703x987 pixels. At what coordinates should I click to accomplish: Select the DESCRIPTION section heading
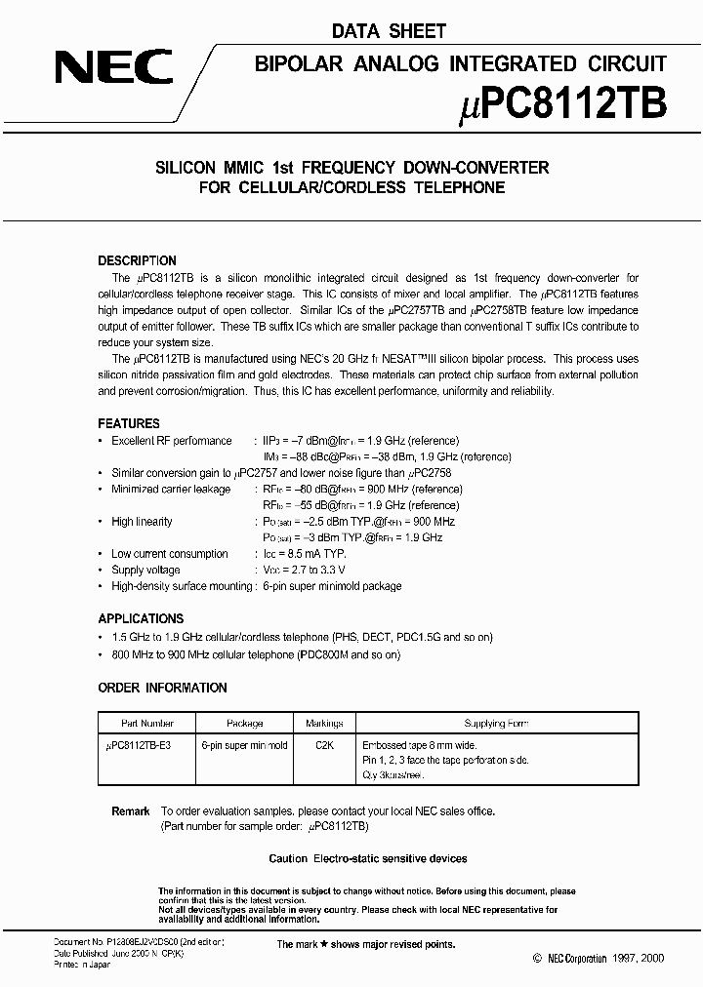[x=138, y=260]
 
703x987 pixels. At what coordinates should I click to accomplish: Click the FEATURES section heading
[x=129, y=423]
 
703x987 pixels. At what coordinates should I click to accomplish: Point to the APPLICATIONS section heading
[x=141, y=618]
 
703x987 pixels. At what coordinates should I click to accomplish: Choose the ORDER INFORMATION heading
[x=162, y=688]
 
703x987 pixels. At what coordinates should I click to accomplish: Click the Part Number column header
[x=147, y=724]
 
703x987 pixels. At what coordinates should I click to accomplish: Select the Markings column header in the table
[x=324, y=724]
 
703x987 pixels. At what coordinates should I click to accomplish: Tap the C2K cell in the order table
[x=324, y=745]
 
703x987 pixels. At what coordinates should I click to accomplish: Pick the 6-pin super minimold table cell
[x=244, y=745]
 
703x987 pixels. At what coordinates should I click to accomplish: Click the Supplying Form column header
[x=497, y=724]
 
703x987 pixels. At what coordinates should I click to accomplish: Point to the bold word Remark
[x=131, y=811]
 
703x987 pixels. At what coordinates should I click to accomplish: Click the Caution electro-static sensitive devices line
[x=368, y=858]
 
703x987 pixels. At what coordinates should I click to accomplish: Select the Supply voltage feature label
[x=145, y=570]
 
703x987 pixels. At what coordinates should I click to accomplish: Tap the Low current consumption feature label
[x=169, y=554]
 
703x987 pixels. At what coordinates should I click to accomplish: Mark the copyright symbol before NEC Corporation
[x=536, y=960]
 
